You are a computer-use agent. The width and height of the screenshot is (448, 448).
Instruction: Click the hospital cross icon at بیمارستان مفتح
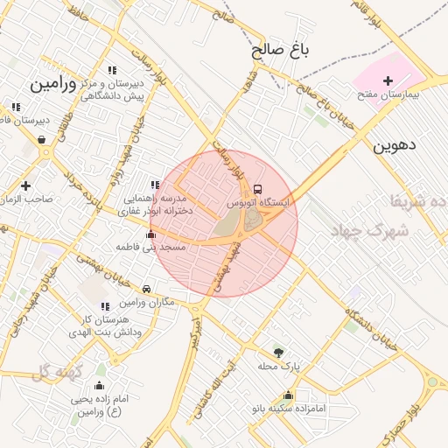pos(388,80)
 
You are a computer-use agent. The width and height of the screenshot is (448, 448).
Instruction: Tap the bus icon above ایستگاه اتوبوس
pos(257,189)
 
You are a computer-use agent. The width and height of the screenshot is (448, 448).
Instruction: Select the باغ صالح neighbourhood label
pos(281,51)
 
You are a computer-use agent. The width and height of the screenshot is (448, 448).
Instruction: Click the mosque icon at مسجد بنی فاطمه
pos(151,234)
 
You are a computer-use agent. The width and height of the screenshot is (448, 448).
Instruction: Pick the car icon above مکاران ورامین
pos(146,289)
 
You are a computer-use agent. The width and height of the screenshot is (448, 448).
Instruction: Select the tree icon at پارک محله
pos(279,352)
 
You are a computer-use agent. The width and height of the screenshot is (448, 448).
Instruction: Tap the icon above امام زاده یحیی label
pos(99,386)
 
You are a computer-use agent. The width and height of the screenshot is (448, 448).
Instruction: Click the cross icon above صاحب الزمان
pos(25,185)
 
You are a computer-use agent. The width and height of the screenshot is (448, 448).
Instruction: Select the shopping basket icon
pos(41,139)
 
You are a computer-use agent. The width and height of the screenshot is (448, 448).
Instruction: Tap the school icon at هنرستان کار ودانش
pos(105,306)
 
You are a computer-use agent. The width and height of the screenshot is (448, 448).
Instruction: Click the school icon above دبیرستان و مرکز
pos(111,70)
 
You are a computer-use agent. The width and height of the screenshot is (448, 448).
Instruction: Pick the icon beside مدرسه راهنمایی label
pos(155,185)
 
